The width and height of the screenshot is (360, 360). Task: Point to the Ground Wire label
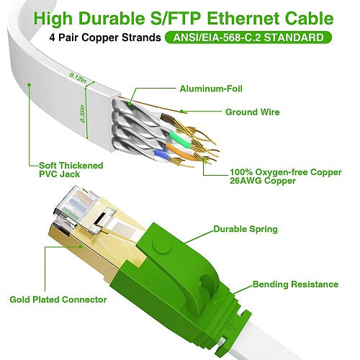coord(251,112)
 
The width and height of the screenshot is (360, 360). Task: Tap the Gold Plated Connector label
coord(58,299)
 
